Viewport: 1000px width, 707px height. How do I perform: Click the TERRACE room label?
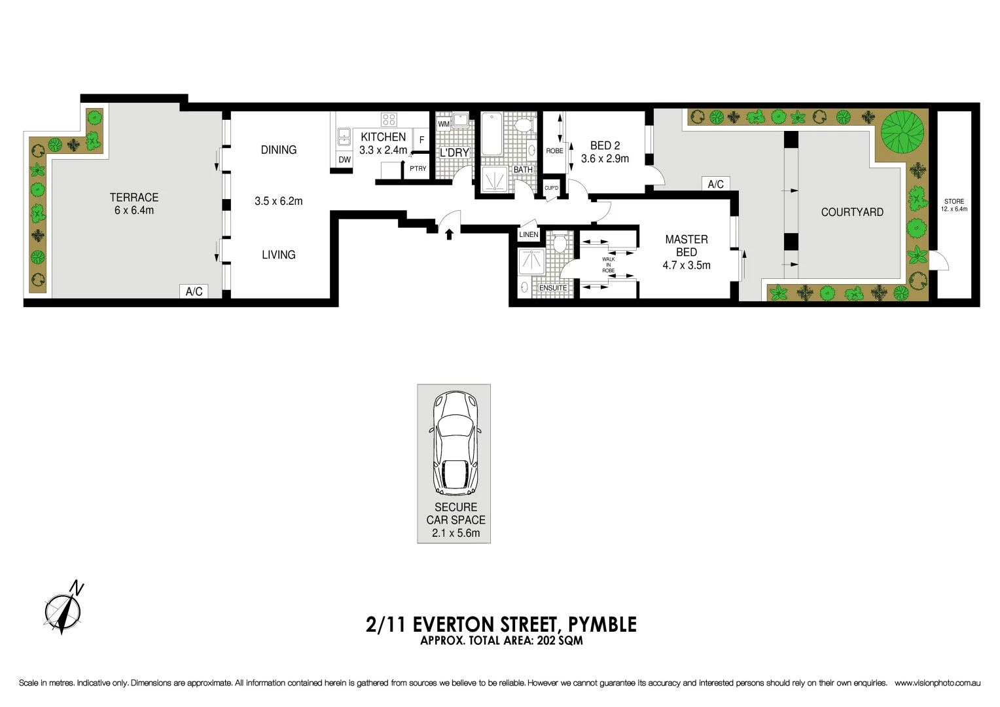(134, 197)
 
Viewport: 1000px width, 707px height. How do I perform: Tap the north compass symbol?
(63, 609)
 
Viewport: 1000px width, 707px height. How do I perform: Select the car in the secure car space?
(455, 443)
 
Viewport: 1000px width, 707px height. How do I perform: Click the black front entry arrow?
(449, 233)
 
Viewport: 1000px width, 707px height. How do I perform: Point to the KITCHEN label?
(384, 137)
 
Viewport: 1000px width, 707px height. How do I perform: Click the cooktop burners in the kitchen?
(389, 119)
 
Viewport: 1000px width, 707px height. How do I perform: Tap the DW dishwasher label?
(344, 160)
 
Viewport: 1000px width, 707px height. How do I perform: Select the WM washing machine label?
(444, 124)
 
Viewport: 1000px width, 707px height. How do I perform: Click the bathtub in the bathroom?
(491, 134)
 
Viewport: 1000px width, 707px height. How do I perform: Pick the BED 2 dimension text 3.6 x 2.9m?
(605, 158)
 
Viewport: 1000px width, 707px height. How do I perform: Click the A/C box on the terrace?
(194, 291)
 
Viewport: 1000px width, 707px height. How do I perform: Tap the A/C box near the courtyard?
(715, 184)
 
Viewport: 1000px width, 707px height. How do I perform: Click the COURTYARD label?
(852, 212)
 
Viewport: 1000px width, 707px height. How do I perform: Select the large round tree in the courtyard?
(902, 132)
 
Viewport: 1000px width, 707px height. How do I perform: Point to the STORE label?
(954, 202)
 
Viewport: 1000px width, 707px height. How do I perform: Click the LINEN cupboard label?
(529, 234)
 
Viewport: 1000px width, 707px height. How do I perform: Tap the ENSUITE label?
(553, 288)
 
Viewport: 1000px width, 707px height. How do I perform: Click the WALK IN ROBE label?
(609, 264)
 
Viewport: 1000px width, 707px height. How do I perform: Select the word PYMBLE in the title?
(602, 625)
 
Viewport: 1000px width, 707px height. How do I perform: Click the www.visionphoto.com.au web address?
(937, 683)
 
